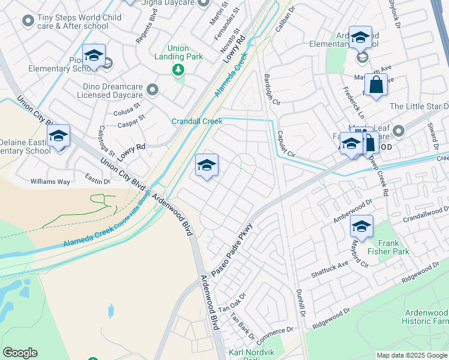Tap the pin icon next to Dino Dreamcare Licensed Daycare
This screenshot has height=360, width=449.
[x=152, y=91]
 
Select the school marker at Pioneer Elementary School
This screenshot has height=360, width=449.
[x=94, y=57]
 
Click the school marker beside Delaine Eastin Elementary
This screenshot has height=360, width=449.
[x=59, y=137]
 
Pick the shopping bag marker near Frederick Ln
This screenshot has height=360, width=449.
[x=376, y=86]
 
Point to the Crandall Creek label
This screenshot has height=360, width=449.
[x=197, y=121]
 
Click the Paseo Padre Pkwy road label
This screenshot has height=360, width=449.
[x=230, y=247]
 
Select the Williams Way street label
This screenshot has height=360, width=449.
[x=50, y=181]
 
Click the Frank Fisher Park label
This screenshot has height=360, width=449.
[x=388, y=247]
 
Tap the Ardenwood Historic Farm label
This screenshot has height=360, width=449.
[x=426, y=317]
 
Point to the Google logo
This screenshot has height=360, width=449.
[x=20, y=353]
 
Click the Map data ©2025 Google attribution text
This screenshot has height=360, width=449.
[x=411, y=355]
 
